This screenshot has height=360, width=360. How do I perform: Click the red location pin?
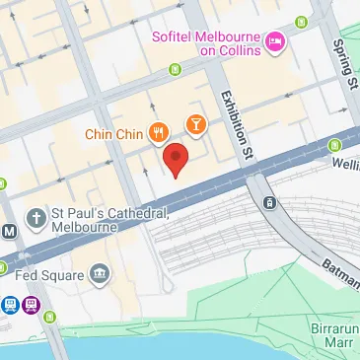point(175,159)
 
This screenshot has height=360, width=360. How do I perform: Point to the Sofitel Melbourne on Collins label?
point(206,43)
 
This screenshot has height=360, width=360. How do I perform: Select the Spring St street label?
point(344,60)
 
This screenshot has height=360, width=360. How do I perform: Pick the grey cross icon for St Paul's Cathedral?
point(36,216)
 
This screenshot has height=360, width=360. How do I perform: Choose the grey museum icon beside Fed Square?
point(99,272)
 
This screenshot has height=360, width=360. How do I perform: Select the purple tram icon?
point(32,306)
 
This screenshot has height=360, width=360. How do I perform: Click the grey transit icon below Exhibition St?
point(268,202)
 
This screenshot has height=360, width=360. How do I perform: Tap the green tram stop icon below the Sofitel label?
point(176,69)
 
